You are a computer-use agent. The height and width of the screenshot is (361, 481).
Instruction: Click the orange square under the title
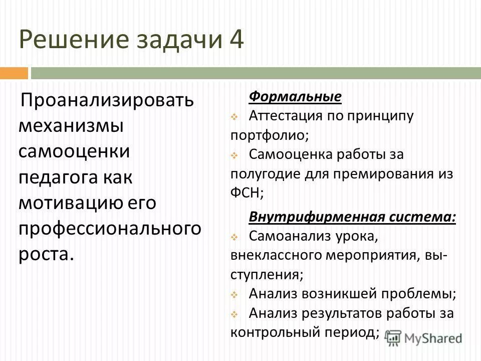point(14,73)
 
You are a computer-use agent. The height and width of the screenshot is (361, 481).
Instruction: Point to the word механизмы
point(71,125)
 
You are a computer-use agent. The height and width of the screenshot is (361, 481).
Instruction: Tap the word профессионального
point(110,228)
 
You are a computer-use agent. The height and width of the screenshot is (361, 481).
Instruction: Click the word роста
point(46,254)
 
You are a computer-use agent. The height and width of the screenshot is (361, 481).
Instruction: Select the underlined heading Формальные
point(295,96)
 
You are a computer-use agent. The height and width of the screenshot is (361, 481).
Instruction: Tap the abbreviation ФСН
point(245,192)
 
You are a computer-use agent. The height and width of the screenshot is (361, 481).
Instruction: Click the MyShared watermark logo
point(424,338)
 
